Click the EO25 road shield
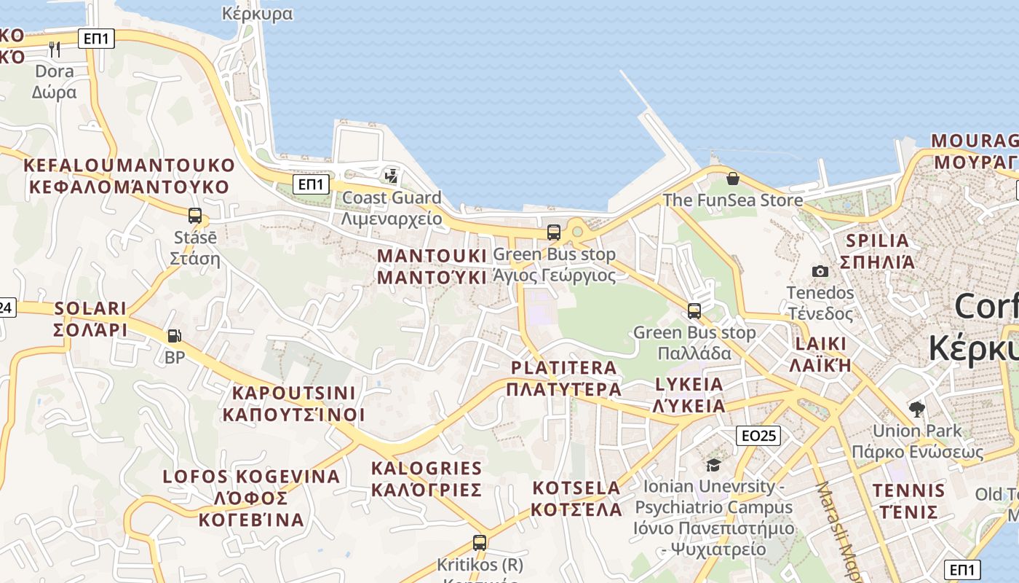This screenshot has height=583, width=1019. pyautogui.click(x=758, y=436)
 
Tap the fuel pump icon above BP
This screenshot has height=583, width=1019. pyautogui.click(x=175, y=336)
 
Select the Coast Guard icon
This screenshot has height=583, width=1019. pyautogui.click(x=392, y=176)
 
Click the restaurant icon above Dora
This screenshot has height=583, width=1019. pyautogui.click(x=55, y=50)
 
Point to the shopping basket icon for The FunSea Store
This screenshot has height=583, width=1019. pyautogui.click(x=733, y=179)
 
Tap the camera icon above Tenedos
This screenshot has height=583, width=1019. pyautogui.click(x=820, y=271)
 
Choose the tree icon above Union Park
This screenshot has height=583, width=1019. pyautogui.click(x=917, y=409)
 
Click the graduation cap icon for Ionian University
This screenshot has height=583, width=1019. pyautogui.click(x=713, y=464)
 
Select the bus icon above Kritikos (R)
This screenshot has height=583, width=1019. pyautogui.click(x=479, y=542)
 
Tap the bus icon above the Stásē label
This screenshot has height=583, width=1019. pyautogui.click(x=195, y=216)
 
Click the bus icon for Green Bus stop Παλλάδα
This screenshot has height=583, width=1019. pyautogui.click(x=694, y=311)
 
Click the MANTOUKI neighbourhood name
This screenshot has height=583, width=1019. pyautogui.click(x=432, y=267)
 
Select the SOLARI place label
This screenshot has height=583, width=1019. pyautogui.click(x=90, y=319)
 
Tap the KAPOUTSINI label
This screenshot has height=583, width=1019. pyautogui.click(x=293, y=404)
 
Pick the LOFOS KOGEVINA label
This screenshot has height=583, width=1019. pyautogui.click(x=251, y=498)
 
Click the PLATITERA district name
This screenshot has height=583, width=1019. pyautogui.click(x=564, y=378)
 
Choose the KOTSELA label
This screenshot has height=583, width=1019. pyautogui.click(x=576, y=498)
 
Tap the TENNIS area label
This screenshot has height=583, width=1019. pyautogui.click(x=908, y=501)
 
